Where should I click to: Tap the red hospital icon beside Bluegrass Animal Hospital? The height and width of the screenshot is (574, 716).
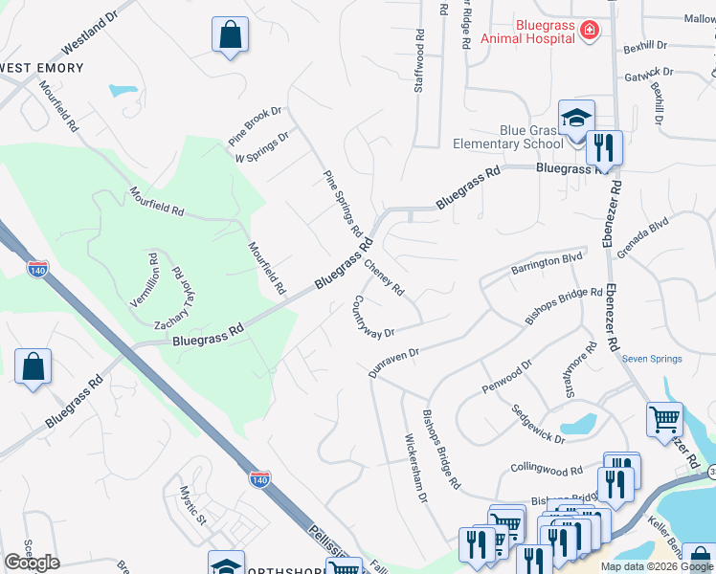pos(590,32)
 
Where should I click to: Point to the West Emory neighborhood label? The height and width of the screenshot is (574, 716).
pos(42,68)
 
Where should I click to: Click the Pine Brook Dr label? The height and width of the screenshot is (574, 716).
pos(255,125)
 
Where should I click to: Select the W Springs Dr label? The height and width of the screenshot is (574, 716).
pos(262,146)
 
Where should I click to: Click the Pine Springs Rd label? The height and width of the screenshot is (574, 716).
pos(343,203)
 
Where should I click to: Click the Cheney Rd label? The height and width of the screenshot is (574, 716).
pos(384,275)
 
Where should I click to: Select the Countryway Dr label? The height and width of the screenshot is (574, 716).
pos(373,317)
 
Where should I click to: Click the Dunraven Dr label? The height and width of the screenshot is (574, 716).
pos(394,362)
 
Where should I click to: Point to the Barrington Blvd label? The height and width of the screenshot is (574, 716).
pos(546,259)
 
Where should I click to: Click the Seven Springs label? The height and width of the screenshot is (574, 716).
pos(652,360)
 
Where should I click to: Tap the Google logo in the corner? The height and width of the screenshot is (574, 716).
pos(32,563)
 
